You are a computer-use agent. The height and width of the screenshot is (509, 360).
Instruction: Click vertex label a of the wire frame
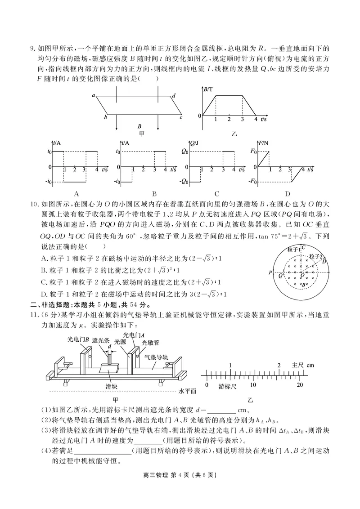click(93, 95)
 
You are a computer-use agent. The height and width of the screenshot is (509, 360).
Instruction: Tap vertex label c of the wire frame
click(180, 118)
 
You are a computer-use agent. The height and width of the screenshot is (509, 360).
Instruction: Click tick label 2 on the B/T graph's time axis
click(229, 120)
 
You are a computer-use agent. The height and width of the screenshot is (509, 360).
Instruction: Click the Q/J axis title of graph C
click(194, 143)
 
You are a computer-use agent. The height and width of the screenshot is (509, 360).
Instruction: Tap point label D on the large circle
click(324, 262)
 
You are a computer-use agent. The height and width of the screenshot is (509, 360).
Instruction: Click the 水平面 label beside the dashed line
click(187, 391)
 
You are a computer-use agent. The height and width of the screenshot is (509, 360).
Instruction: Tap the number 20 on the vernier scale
click(300, 385)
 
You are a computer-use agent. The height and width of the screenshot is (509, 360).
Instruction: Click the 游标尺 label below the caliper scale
click(228, 386)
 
